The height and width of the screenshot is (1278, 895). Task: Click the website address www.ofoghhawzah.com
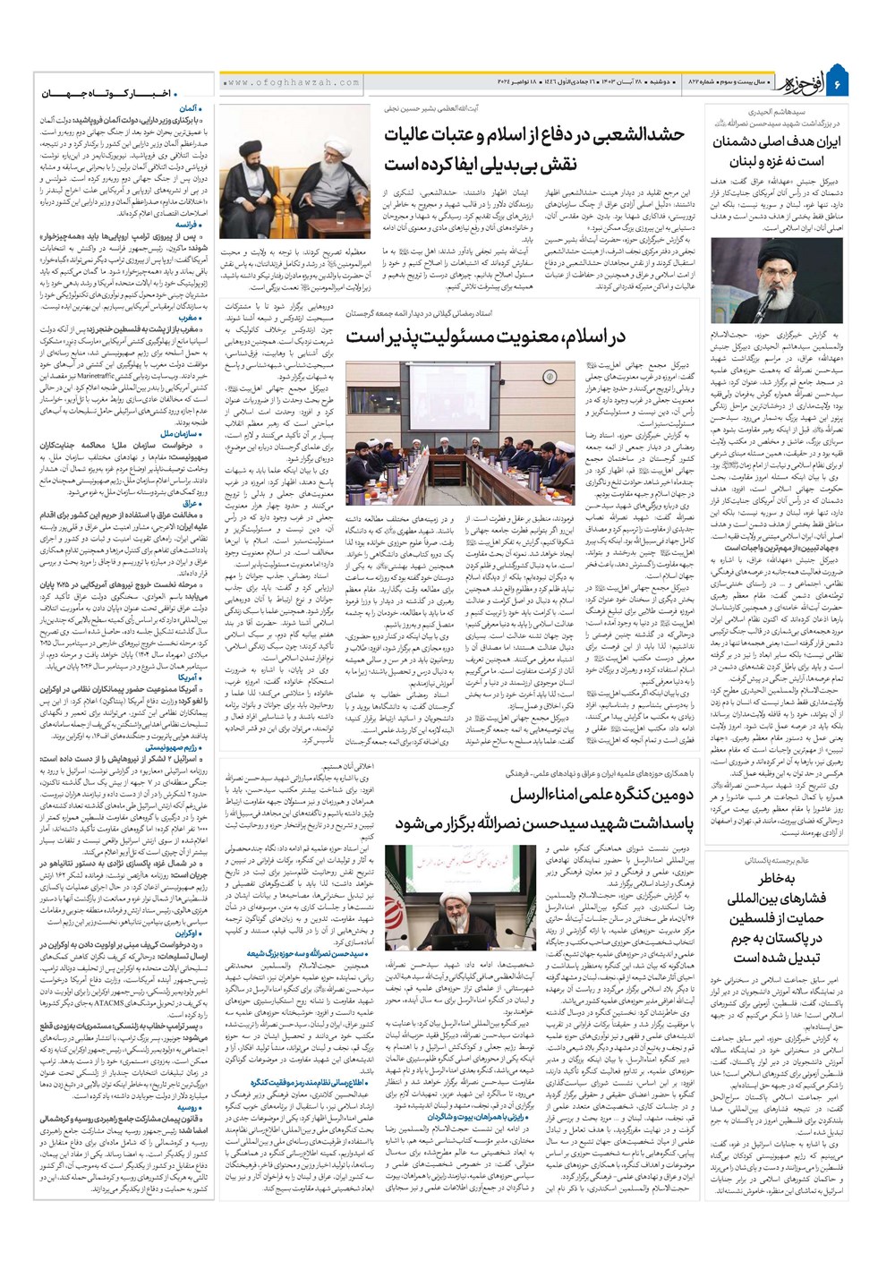click(277, 82)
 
